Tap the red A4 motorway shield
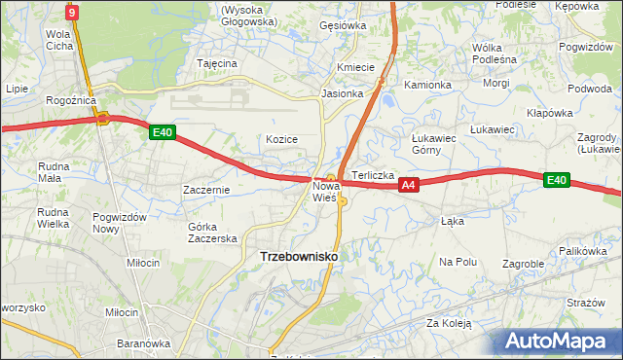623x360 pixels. click(409, 184)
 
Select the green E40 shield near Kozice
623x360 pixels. click(163, 133)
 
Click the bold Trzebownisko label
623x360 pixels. click(299, 256)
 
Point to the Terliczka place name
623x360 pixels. click(373, 175)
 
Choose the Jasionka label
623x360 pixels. click(343, 94)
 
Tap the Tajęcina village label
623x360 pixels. click(217, 63)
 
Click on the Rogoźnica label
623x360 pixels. click(68, 100)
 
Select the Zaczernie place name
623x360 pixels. click(206, 190)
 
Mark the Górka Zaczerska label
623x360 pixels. click(212, 233)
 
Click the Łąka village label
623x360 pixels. click(453, 221)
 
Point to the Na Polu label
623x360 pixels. click(458, 262)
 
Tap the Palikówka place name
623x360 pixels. click(584, 251)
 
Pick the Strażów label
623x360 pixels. click(586, 303)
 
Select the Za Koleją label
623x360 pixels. click(448, 322)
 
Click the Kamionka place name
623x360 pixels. click(428, 85)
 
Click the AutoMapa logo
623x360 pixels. click(562, 342)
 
